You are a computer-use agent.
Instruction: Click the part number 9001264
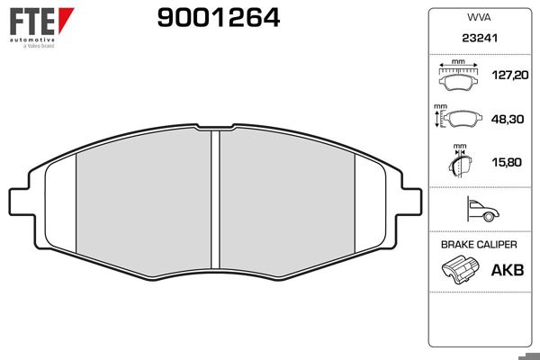(219, 18)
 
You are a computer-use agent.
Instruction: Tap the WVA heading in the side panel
(479, 18)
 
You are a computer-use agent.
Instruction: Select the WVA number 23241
(480, 38)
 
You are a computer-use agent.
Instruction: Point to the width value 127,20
(510, 75)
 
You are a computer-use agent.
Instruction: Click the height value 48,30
(508, 119)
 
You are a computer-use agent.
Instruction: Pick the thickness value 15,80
(507, 162)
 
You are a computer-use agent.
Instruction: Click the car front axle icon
(482, 209)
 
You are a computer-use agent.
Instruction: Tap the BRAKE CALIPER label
(479, 245)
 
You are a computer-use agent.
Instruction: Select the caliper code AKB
(508, 270)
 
